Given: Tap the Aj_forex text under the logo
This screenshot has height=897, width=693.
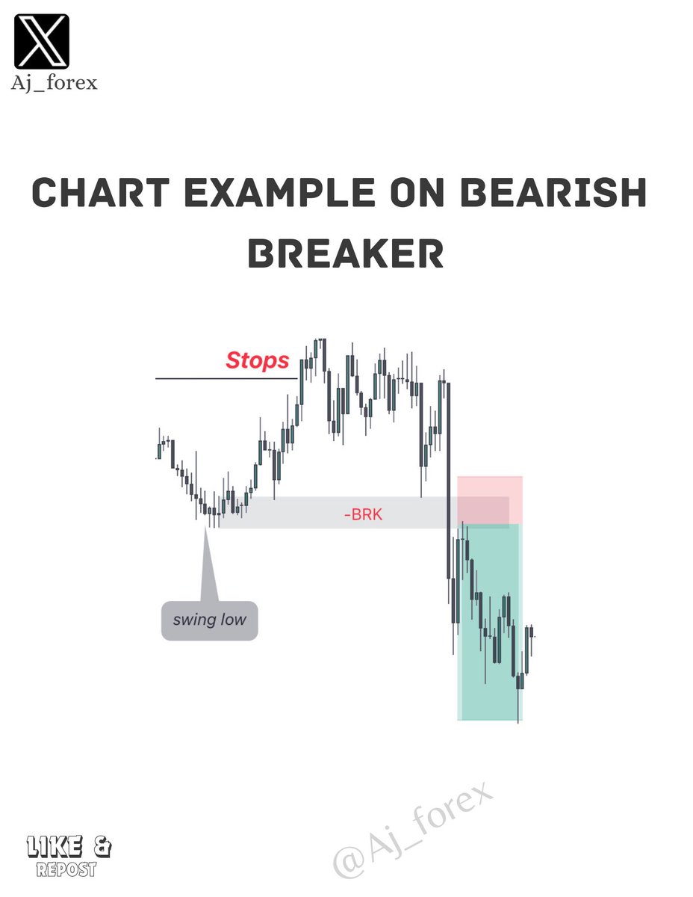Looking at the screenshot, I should coord(54,82).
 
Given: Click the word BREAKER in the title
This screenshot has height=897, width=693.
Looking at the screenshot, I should coord(346,255).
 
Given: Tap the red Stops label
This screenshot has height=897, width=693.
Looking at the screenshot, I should coord(257,360).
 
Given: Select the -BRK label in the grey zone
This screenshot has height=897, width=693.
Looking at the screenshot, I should coord(364,514).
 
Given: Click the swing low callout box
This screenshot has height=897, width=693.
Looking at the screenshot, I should coord(209,620).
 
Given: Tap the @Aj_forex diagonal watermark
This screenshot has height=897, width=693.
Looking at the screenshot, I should coord(413,830).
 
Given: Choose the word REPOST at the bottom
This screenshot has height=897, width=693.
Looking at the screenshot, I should coord(66,869).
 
